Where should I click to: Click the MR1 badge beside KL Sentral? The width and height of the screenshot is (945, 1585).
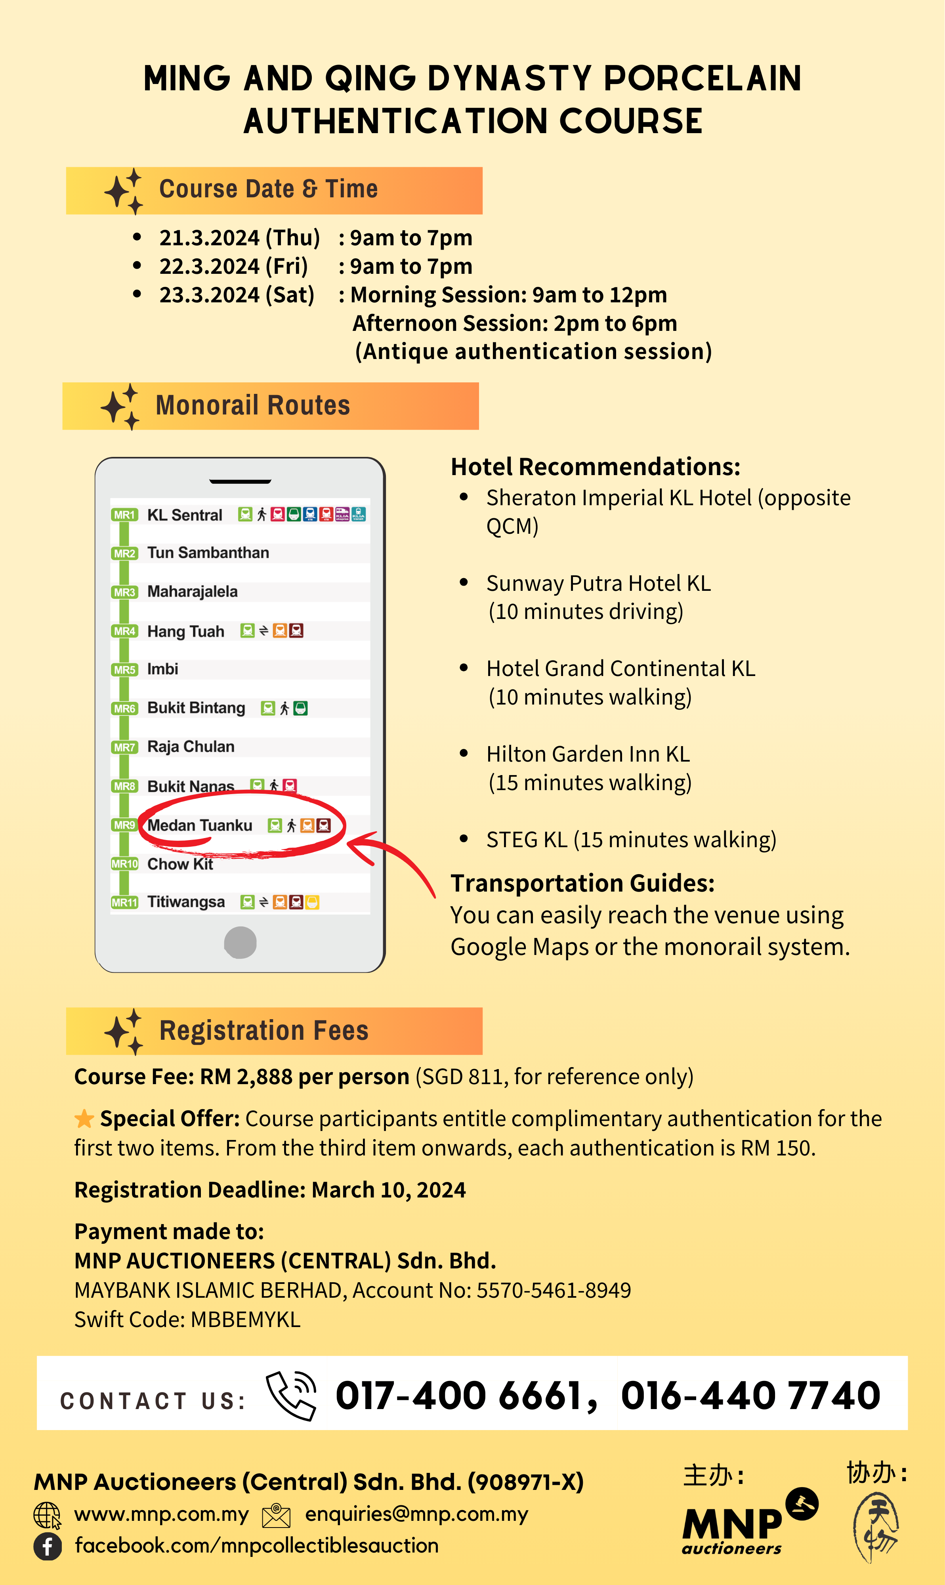pos(124,515)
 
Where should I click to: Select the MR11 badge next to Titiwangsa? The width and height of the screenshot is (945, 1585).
pos(124,902)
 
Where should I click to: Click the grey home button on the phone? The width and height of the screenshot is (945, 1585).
pos(240,942)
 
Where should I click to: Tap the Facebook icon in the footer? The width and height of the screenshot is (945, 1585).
pos(48,1546)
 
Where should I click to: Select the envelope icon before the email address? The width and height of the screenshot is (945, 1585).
pos(277,1516)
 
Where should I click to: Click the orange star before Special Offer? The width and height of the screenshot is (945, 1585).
pos(84,1118)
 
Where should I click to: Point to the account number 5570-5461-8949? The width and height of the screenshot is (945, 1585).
pos(554,1290)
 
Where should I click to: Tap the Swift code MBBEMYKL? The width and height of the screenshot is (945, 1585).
pos(245,1320)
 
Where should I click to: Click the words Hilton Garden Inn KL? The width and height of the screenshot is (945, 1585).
pos(588,754)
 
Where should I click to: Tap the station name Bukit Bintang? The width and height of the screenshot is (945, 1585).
pos(196,708)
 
